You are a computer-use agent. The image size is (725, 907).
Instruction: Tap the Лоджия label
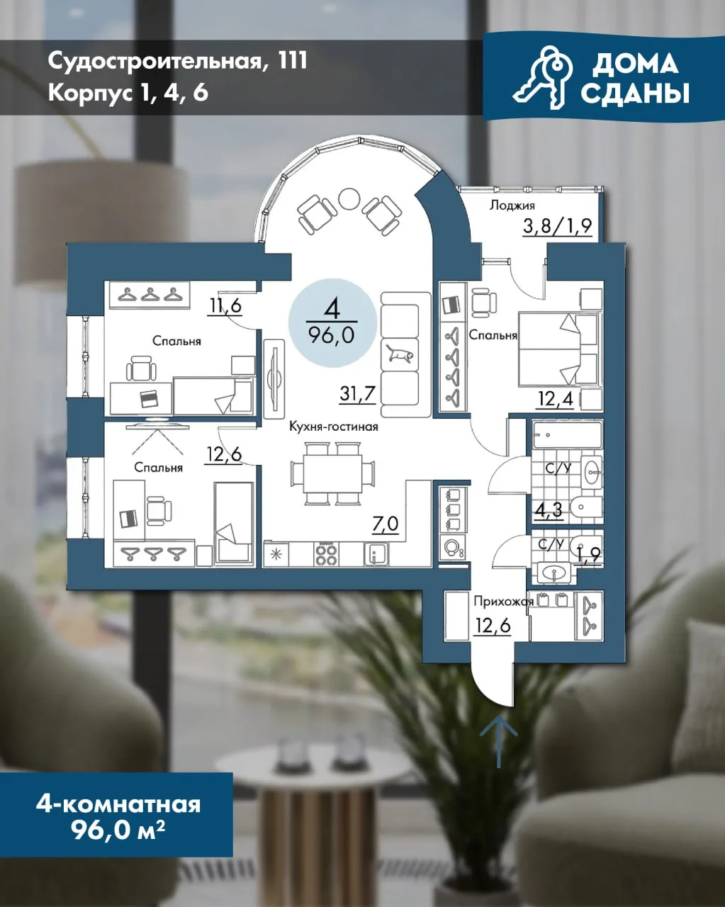click(x=512, y=205)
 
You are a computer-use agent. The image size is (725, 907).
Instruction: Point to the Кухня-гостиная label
click(x=333, y=427)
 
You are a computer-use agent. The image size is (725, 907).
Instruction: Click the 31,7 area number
click(x=357, y=394)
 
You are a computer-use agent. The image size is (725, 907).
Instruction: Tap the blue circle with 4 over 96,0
click(x=332, y=323)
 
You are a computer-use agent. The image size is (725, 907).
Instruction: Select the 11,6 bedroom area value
click(x=225, y=305)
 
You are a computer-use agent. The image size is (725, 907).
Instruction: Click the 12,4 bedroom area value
click(x=555, y=398)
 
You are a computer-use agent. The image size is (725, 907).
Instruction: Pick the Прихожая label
click(x=504, y=602)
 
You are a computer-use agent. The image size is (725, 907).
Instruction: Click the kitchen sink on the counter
click(x=376, y=554)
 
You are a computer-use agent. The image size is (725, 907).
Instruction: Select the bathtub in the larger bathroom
click(x=567, y=434)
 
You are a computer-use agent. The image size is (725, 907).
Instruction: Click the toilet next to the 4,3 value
click(x=586, y=508)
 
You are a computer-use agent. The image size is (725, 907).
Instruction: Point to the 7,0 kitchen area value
click(x=386, y=524)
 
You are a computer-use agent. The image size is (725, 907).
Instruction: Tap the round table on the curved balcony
click(x=349, y=198)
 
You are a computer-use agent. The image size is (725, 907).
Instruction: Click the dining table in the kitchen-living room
click(x=332, y=473)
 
